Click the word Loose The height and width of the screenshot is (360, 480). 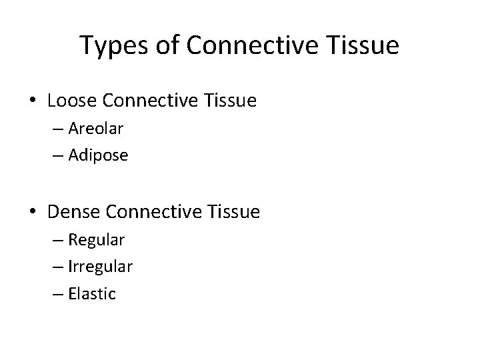(x=70, y=101)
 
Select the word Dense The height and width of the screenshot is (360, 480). (x=72, y=212)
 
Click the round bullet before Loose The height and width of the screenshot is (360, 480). (x=34, y=102)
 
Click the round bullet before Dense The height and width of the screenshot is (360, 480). (x=34, y=213)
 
